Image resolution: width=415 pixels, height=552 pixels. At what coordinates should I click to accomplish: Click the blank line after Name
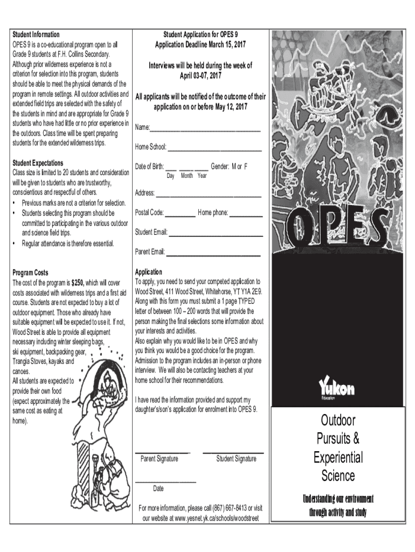pos(205,130)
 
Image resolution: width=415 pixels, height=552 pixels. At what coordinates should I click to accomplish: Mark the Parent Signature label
pos(159,459)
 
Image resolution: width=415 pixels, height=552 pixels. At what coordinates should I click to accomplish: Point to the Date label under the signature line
pos(158,488)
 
